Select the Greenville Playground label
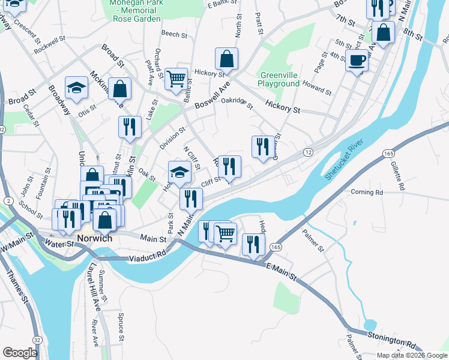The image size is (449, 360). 279,80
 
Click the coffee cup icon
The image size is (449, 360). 357,61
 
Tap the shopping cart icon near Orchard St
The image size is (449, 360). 176,79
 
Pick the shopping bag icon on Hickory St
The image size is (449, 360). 226,59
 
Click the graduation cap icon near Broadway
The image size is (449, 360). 77,88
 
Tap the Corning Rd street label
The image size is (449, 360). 367,193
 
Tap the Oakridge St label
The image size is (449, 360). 237,104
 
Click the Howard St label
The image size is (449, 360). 317,87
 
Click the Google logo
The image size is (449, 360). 20,353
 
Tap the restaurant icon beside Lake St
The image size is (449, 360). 130,127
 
